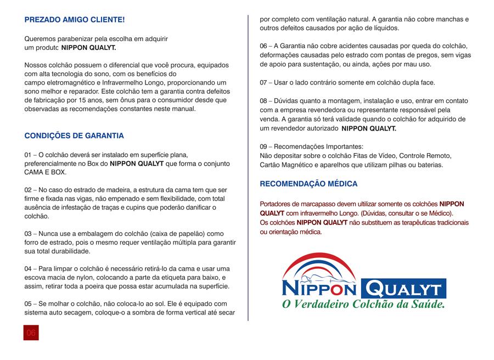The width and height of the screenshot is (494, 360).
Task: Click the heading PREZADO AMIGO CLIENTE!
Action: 75,20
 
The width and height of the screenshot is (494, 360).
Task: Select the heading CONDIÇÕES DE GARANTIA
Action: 74,136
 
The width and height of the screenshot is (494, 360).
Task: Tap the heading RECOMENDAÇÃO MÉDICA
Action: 308,183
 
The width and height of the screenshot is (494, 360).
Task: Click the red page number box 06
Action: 31,333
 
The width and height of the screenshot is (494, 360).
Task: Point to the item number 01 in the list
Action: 29,155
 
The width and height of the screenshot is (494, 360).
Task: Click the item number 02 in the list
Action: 29,190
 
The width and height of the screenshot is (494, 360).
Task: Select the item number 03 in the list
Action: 29,234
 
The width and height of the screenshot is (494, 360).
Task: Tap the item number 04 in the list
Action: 29,268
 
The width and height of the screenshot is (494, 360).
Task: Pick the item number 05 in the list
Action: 29,303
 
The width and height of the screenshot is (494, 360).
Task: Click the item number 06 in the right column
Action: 264,46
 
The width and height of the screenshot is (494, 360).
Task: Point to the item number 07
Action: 264,83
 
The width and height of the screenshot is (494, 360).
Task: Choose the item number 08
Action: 264,101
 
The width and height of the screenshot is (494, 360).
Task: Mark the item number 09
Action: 264,147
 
